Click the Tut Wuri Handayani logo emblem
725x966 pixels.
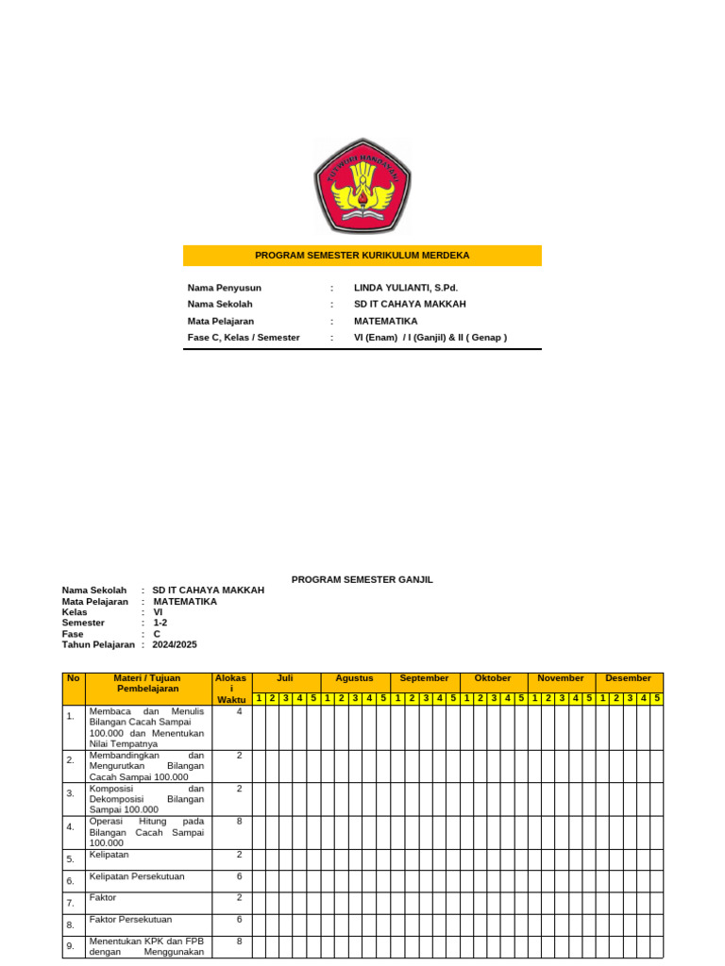pyautogui.click(x=362, y=186)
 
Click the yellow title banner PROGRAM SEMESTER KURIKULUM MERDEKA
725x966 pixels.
pyautogui.click(x=362, y=256)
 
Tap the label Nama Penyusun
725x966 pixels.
pyautogui.click(x=225, y=288)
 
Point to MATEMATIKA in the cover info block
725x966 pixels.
pyautogui.click(x=385, y=321)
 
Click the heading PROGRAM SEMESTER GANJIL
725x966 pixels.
pyautogui.click(x=362, y=579)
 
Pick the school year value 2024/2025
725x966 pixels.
pyautogui.click(x=175, y=645)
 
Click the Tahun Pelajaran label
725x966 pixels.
pyautogui.click(x=98, y=645)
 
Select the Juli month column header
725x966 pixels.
pyautogui.click(x=286, y=678)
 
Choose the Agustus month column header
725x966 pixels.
pyautogui.click(x=355, y=678)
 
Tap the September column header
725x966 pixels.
pyautogui.click(x=425, y=678)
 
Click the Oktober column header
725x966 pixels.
pyautogui.click(x=493, y=678)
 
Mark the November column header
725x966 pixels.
pyautogui.click(x=561, y=678)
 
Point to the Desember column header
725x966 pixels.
pyautogui.click(x=629, y=678)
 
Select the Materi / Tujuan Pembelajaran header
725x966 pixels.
pyautogui.click(x=147, y=683)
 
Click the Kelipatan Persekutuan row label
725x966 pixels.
pyautogui.click(x=137, y=876)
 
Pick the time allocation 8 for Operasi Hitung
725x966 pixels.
pyautogui.click(x=240, y=822)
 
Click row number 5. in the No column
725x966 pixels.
pyautogui.click(x=71, y=859)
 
